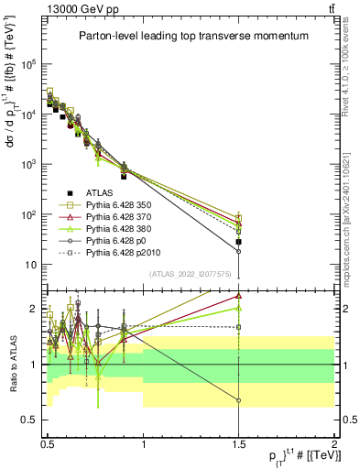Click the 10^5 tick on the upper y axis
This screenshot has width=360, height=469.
pos(29,65)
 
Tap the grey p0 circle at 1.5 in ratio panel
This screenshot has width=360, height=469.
pos(238,400)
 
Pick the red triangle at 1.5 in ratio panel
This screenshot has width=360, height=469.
pos(238,296)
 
